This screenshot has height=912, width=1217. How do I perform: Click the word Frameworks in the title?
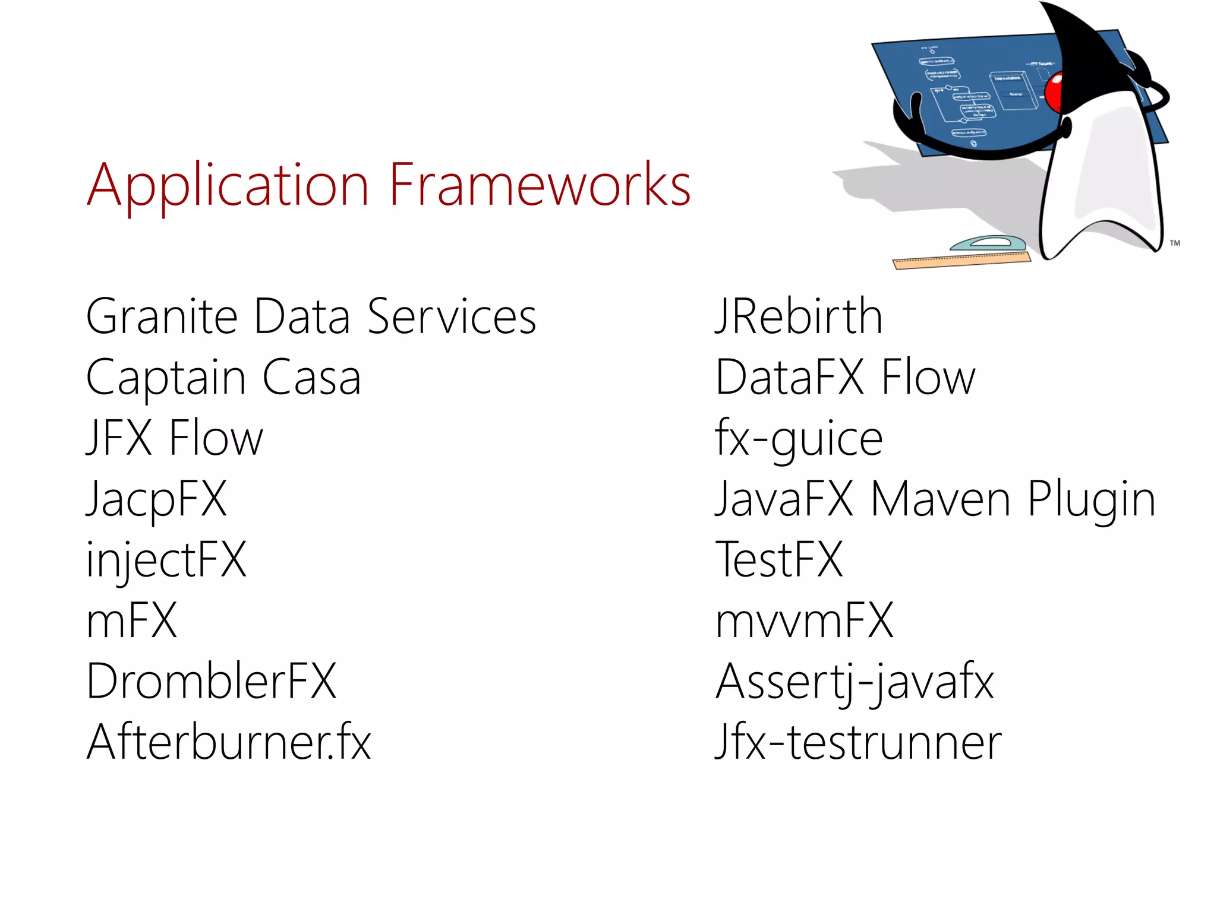point(540,185)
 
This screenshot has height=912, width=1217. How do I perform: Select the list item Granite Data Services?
point(311,317)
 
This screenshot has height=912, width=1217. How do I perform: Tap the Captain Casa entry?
point(223,378)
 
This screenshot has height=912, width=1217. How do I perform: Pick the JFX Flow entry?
point(174,438)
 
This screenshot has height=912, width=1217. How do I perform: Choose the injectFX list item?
point(166,560)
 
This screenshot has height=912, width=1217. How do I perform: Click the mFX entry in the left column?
point(131,621)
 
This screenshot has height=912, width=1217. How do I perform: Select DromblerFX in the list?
point(211,682)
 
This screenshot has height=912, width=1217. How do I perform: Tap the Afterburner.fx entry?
point(229,742)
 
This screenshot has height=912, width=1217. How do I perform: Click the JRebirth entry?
point(799,317)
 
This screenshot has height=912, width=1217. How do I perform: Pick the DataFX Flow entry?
point(845,378)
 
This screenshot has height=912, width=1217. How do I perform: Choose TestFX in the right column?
point(779,560)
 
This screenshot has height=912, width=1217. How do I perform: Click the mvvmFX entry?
point(804,621)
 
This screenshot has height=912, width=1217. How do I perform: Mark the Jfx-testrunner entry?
point(858,742)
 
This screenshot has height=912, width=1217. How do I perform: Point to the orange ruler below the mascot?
point(961,261)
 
